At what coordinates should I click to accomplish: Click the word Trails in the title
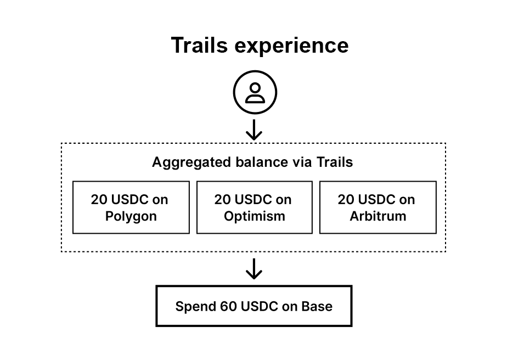point(200,45)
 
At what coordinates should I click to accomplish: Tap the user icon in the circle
point(255,93)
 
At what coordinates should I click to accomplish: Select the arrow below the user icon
point(254,130)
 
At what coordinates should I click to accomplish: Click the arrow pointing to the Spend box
point(254,268)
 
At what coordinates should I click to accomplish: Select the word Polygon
point(131,216)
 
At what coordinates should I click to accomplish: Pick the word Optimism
point(255,216)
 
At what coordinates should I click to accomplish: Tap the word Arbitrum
point(378,216)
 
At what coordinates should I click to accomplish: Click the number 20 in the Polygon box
point(99,199)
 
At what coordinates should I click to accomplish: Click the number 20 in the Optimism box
point(223,199)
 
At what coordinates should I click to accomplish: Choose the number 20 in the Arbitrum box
point(346,199)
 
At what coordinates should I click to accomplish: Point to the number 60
point(229,306)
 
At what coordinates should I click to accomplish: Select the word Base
point(317,306)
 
